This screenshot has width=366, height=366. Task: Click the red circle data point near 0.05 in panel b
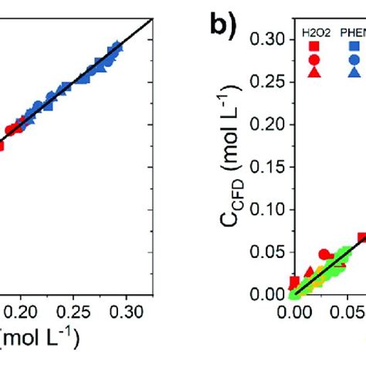pyautogui.click(x=324, y=254)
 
